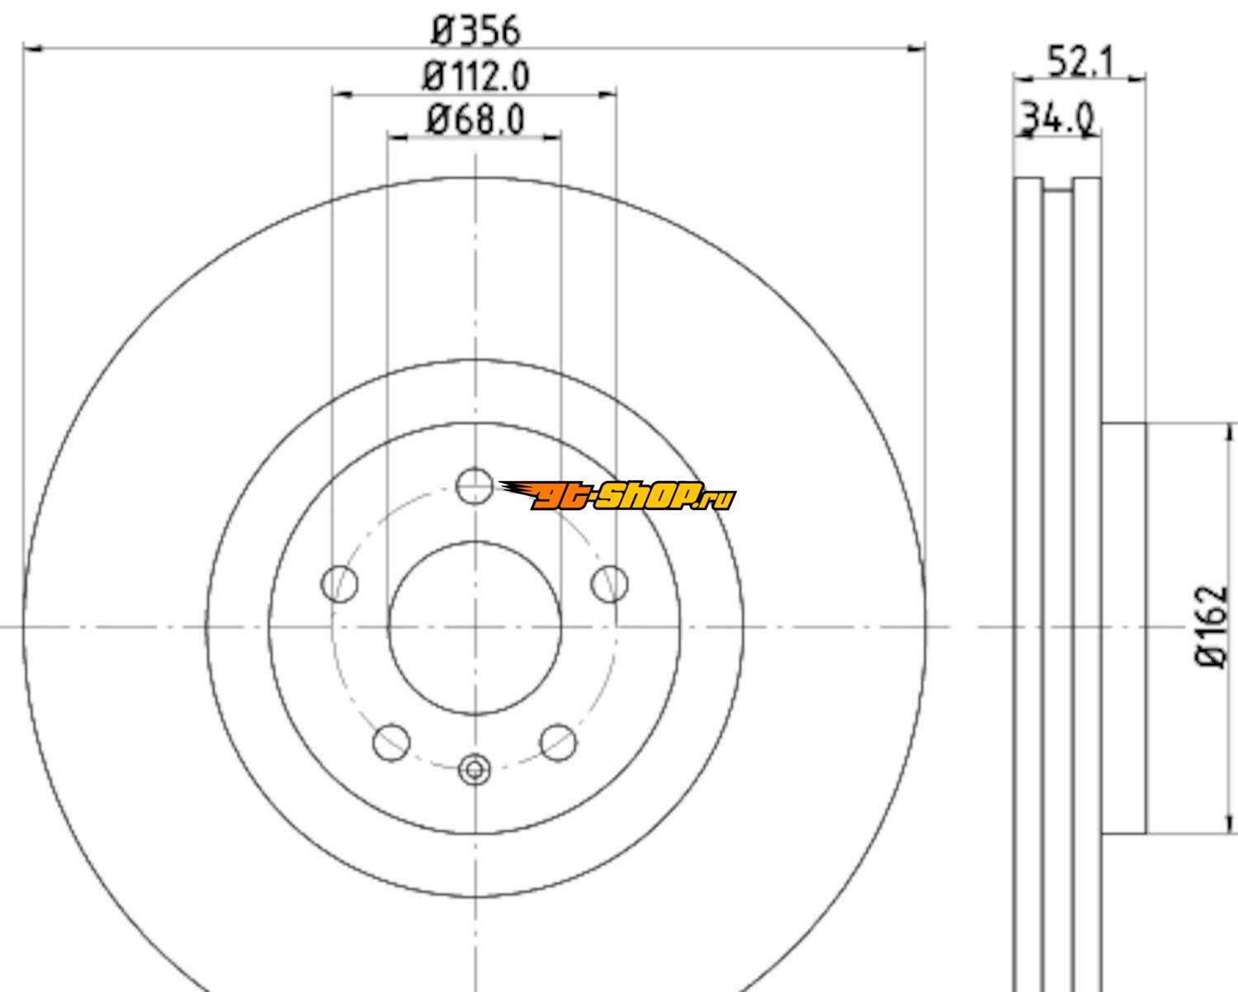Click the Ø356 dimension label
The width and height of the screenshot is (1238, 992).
click(x=475, y=31)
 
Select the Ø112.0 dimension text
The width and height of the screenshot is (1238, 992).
click(x=475, y=76)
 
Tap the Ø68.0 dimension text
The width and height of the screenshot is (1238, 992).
click(x=475, y=120)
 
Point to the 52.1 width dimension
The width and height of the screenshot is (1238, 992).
click(x=1080, y=61)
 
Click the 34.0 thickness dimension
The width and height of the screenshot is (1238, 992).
click(x=1057, y=118)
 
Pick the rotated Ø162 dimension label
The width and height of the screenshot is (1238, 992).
click(x=1212, y=626)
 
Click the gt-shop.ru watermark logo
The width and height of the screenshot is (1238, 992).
click(x=617, y=495)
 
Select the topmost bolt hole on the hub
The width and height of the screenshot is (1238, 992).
click(x=475, y=486)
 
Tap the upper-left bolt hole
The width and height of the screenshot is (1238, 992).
click(x=339, y=584)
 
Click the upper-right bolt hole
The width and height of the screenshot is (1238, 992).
click(x=610, y=584)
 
